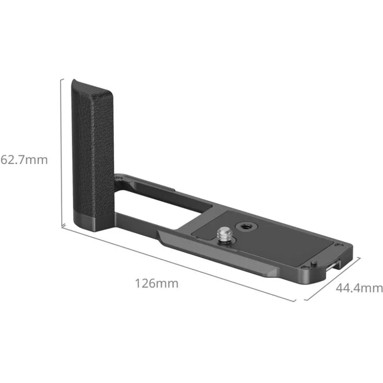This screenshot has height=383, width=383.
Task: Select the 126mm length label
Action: [x=156, y=283]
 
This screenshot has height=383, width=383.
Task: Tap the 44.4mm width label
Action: [x=359, y=288]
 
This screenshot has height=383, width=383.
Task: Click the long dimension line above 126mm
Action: [x=178, y=262]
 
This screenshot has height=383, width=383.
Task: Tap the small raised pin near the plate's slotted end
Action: [x=312, y=263]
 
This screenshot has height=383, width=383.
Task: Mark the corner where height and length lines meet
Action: [x=63, y=226]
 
